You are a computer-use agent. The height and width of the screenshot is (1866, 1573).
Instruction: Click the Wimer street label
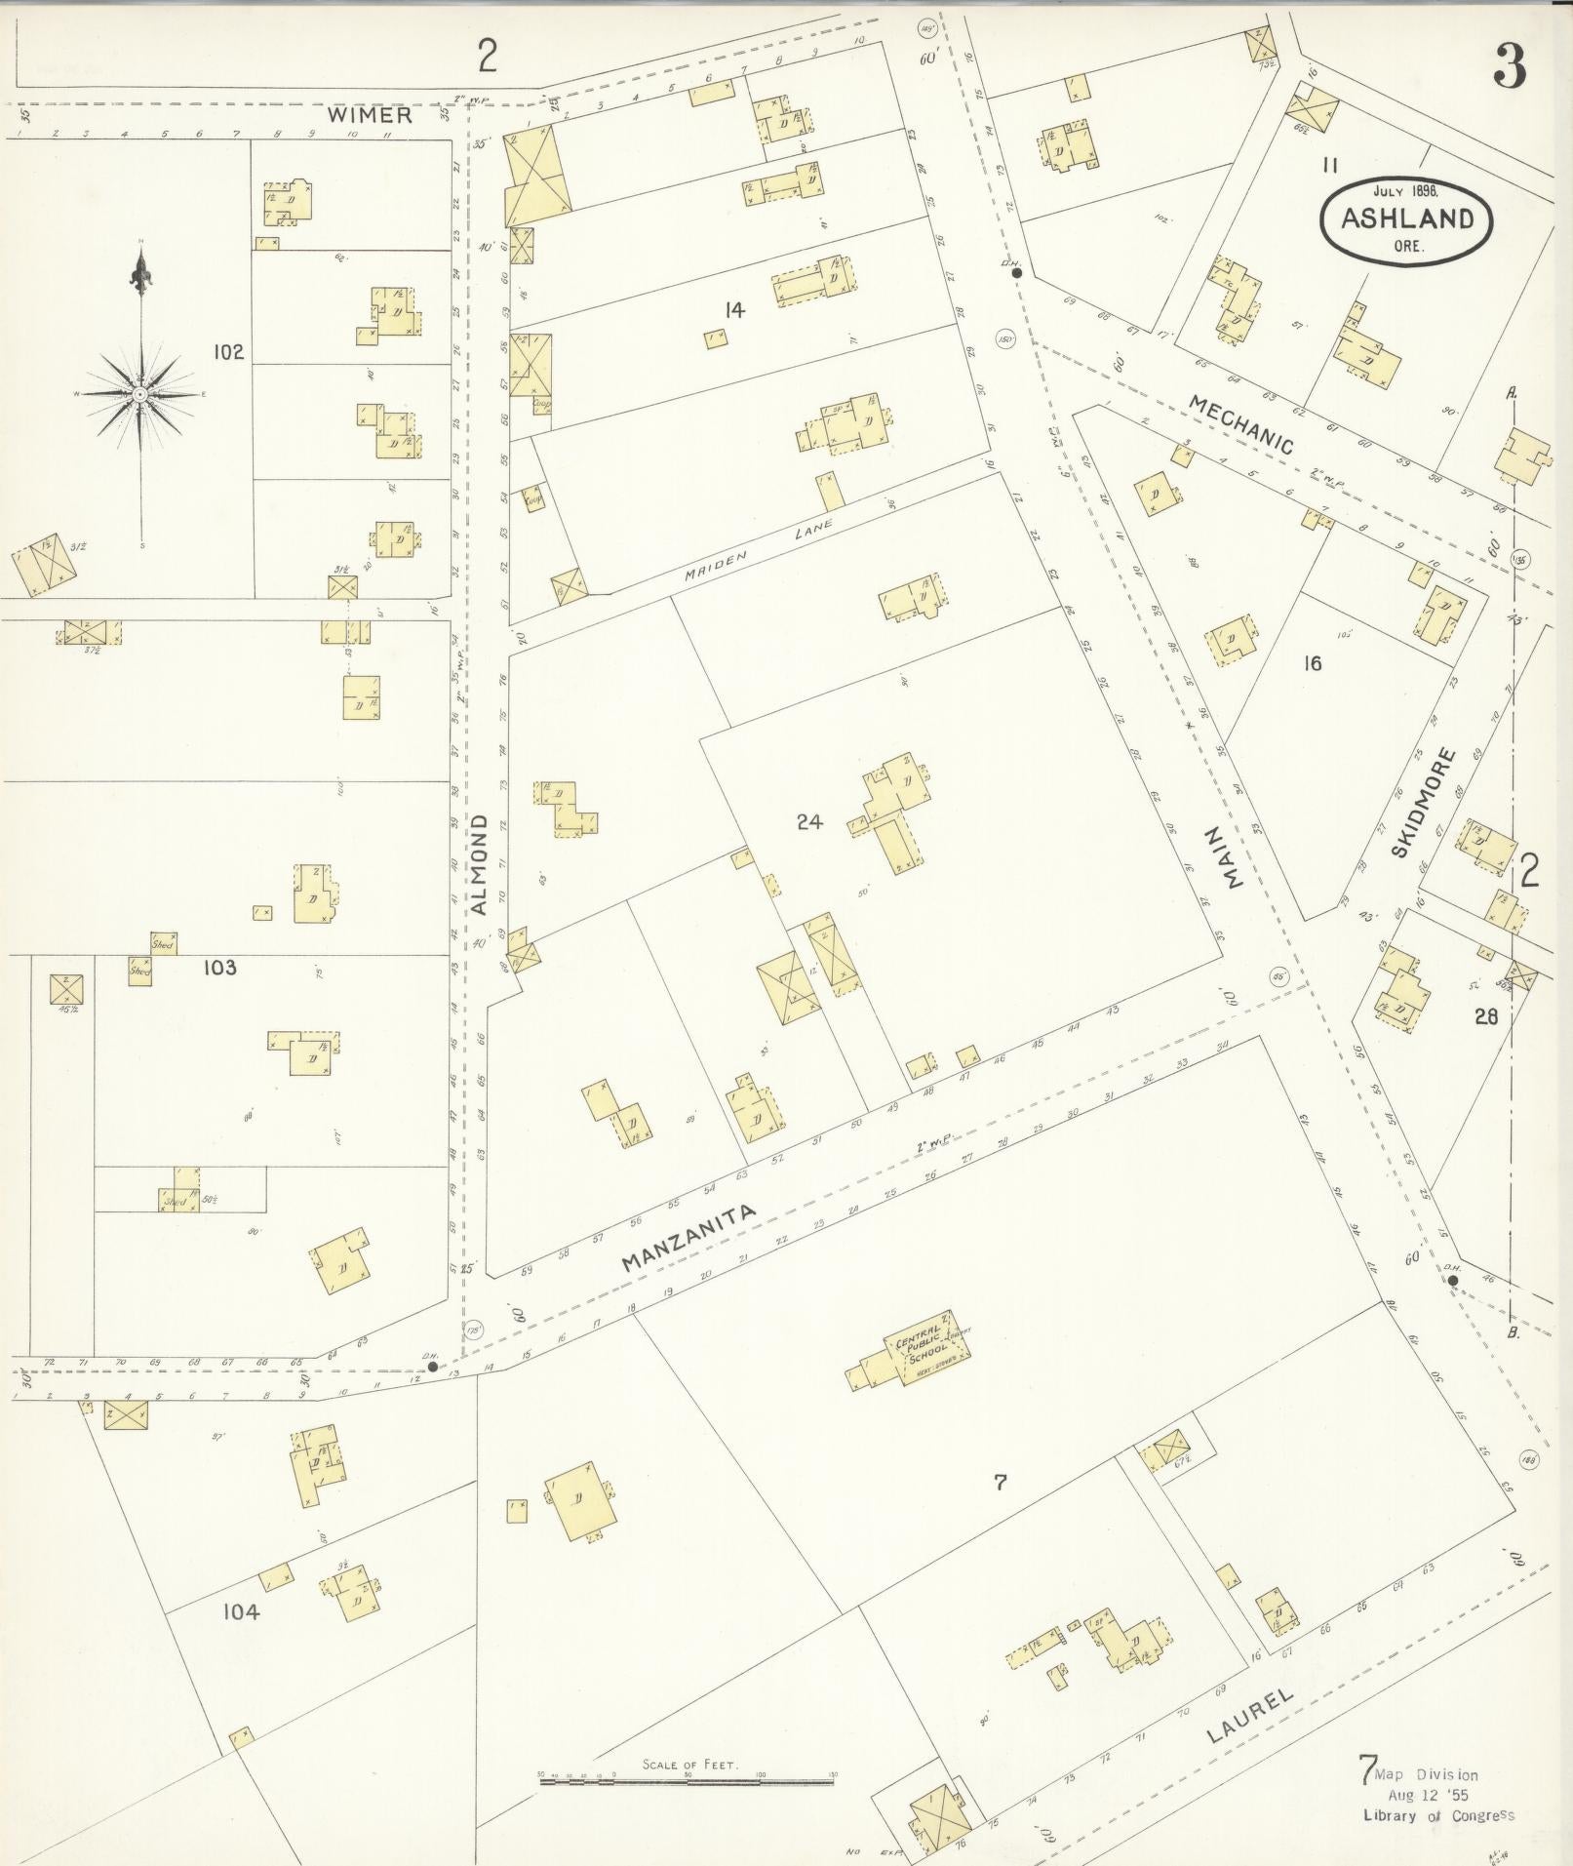click(370, 115)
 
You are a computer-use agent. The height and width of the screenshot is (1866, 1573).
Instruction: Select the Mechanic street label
click(1241, 425)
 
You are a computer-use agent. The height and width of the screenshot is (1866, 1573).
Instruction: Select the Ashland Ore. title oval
click(1405, 218)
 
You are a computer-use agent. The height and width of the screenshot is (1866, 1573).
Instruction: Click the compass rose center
click(140, 394)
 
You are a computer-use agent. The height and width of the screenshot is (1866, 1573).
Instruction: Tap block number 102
click(228, 352)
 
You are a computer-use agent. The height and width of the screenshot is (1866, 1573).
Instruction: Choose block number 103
click(219, 968)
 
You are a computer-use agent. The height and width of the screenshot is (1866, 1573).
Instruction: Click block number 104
click(241, 1612)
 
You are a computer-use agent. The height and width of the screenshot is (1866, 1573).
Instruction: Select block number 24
click(808, 822)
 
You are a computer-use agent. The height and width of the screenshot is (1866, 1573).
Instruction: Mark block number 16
click(1313, 663)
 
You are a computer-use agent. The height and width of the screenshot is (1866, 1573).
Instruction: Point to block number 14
click(733, 310)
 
